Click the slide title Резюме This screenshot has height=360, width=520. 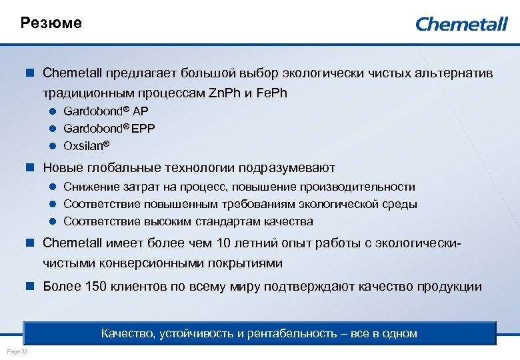(x=51, y=23)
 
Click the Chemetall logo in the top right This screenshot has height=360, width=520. (x=461, y=24)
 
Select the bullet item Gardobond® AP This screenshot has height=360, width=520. (x=106, y=111)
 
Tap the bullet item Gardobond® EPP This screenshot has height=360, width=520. (x=109, y=128)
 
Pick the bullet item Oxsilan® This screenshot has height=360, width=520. (x=86, y=145)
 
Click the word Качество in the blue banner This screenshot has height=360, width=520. (x=127, y=333)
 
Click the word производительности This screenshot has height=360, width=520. (x=357, y=187)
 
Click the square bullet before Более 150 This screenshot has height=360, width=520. (x=29, y=287)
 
